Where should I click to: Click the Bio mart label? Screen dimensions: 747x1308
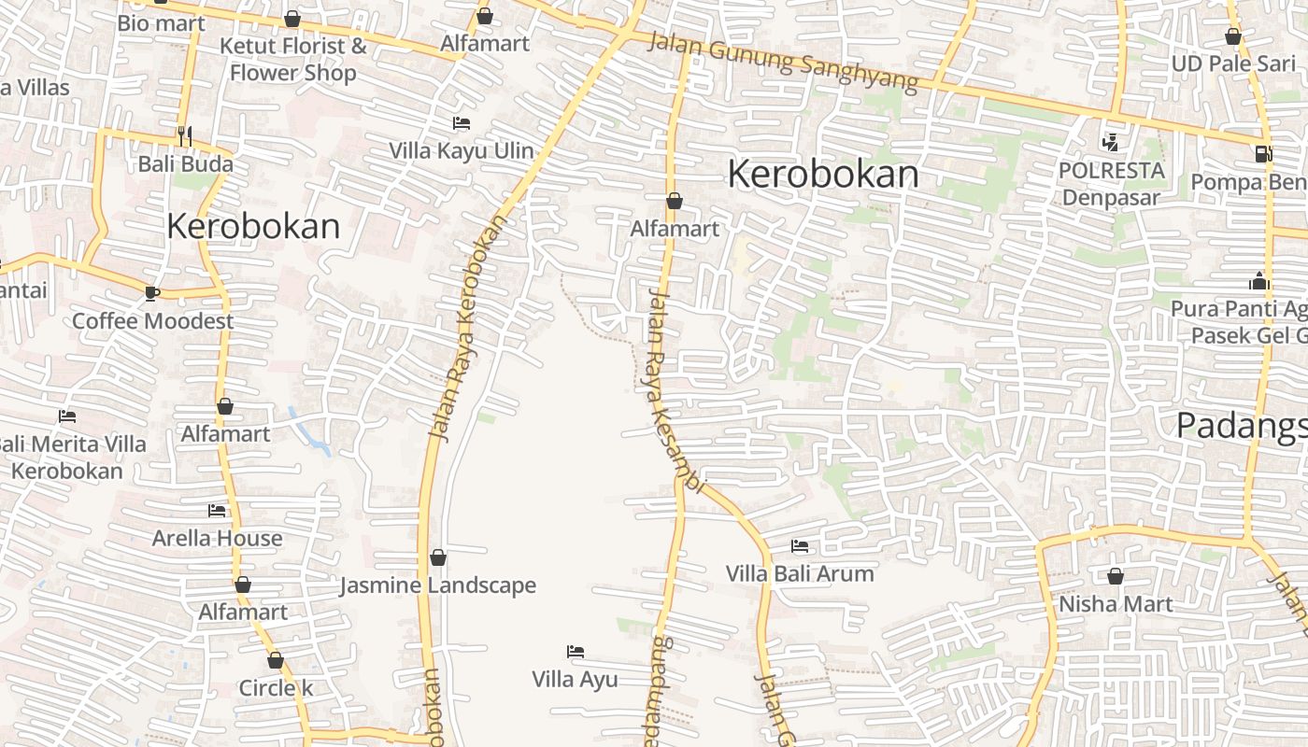[161, 23]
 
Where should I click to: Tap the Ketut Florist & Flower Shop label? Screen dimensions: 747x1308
[292, 59]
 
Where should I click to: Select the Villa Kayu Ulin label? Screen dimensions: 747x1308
[462, 150]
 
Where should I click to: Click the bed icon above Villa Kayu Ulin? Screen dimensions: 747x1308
[461, 123]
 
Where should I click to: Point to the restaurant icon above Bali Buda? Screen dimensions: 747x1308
[184, 136]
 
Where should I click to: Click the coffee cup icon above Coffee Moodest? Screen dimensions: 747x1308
[152, 293]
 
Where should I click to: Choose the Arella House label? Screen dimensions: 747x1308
[217, 538]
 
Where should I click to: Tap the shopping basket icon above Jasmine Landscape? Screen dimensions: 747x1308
[437, 558]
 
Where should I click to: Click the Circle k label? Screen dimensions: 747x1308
[276, 688]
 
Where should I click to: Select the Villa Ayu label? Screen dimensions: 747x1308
[575, 679]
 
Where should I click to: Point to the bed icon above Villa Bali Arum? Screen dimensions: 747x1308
[800, 546]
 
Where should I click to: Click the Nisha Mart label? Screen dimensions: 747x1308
[1115, 603]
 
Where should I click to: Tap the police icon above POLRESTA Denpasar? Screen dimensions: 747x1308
[1110, 143]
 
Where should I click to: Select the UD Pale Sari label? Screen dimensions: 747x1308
[1233, 63]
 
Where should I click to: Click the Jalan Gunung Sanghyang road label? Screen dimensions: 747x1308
[783, 63]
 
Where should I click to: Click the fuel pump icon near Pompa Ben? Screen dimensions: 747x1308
[1263, 154]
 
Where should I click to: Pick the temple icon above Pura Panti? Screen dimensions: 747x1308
[1258, 281]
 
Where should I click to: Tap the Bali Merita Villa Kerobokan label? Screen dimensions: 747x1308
[71, 457]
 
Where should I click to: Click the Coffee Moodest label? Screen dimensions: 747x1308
[153, 320]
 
